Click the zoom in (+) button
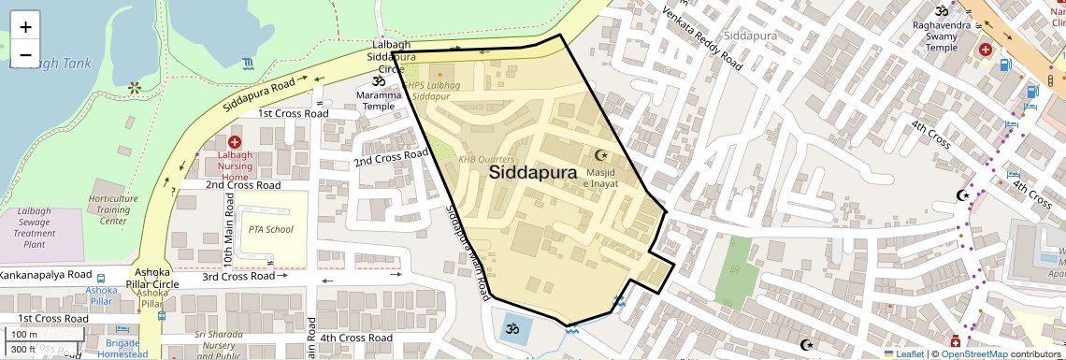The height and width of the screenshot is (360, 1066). tap(25, 26)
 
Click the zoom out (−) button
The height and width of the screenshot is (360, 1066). tap(25, 54)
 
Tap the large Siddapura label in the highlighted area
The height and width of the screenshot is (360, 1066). tap(532, 173)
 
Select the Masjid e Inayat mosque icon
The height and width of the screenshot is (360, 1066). tap(601, 155)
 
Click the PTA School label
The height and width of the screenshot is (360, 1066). tap(270, 229)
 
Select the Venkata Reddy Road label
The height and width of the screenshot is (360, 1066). tap(702, 39)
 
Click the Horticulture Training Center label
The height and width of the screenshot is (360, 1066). tap(113, 210)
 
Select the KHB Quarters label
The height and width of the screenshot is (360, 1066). tap(485, 160)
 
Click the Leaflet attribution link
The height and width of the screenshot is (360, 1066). tap(904, 353)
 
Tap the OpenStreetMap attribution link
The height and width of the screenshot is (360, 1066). tap(974, 353)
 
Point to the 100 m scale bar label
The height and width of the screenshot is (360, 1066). tap(25, 334)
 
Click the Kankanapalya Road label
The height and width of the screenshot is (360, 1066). tap(46, 276)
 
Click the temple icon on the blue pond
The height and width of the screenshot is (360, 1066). tap(511, 328)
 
